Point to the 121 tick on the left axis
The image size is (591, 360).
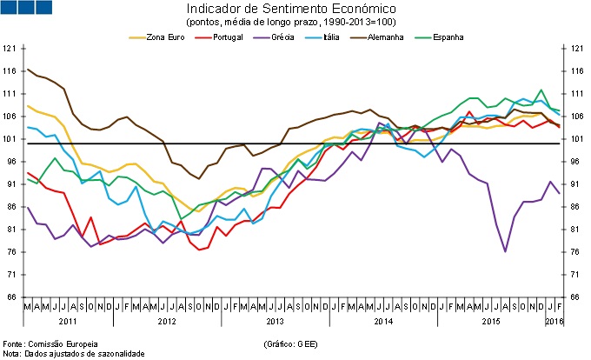click(10, 48)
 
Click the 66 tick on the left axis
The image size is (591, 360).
click(12, 297)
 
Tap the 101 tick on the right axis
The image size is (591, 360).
click(574, 138)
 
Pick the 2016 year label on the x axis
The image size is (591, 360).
click(553, 321)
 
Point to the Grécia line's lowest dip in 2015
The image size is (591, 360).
click(505, 251)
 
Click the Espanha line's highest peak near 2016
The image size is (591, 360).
click(541, 90)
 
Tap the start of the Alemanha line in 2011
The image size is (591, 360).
click(28, 70)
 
